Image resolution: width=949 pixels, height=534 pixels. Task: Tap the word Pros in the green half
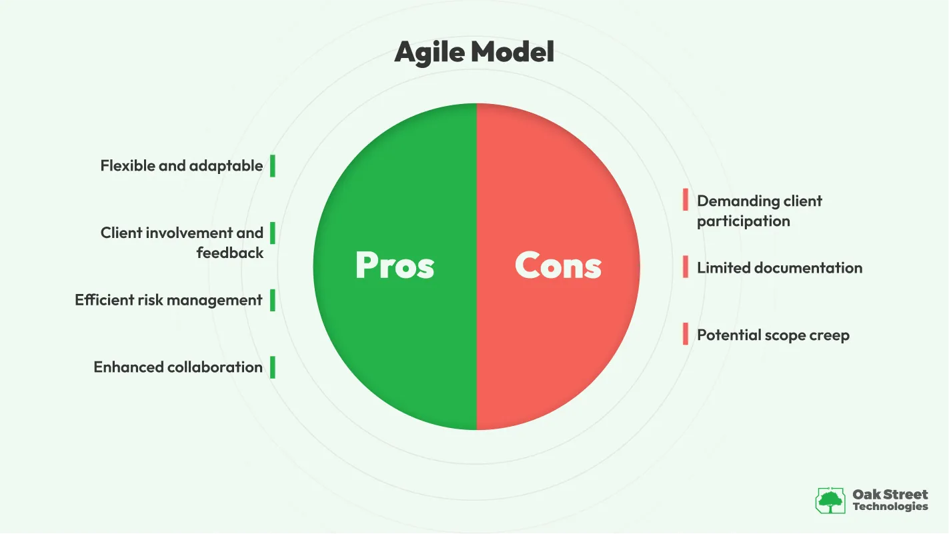[x=395, y=265]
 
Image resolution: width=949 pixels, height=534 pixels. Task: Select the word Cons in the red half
[x=558, y=265]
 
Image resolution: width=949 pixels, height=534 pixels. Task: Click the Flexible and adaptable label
[x=181, y=165]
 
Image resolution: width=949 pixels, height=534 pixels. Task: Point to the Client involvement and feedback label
[x=182, y=243]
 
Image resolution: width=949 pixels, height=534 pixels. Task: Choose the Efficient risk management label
[x=169, y=300]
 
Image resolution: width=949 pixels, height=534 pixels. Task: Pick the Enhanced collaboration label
[x=178, y=367]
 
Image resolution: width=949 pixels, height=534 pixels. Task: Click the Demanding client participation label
[x=759, y=211]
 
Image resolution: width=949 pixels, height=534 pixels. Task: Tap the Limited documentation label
[x=780, y=268]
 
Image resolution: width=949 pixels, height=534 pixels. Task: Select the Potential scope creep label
[x=773, y=335]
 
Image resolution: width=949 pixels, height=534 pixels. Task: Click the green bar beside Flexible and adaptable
[x=273, y=165]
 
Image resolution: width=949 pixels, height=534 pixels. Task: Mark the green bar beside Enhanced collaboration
[x=273, y=367]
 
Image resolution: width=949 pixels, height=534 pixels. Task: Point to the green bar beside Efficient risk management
[x=273, y=300]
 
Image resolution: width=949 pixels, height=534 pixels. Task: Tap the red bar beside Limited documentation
[x=686, y=267]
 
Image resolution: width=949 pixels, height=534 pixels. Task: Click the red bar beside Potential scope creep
[x=686, y=334]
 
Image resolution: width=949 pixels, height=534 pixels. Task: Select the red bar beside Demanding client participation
[x=686, y=199]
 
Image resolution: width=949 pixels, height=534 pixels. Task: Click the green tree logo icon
[x=830, y=500]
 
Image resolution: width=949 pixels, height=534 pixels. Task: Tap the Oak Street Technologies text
[x=890, y=500]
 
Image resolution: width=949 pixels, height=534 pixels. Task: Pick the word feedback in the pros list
[x=230, y=253]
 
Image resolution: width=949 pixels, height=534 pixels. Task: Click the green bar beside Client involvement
[x=273, y=233]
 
